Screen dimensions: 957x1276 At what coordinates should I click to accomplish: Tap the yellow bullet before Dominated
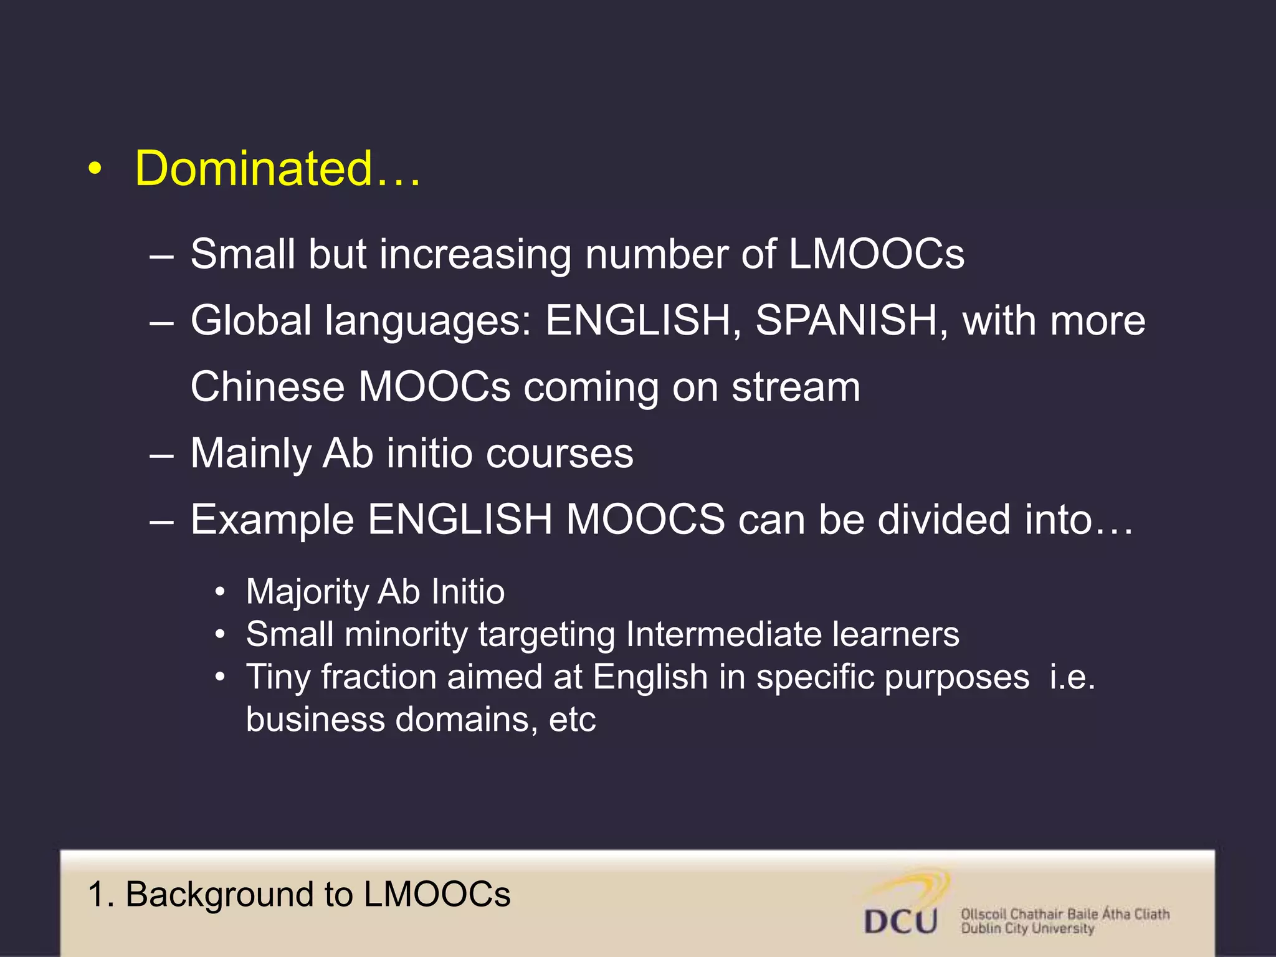(x=94, y=169)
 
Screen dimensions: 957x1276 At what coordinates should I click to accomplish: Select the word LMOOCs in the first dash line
(x=876, y=254)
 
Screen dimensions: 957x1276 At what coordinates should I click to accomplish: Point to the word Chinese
(x=267, y=387)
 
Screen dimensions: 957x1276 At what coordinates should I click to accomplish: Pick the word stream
(x=796, y=387)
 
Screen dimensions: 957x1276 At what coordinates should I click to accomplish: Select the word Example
(x=272, y=520)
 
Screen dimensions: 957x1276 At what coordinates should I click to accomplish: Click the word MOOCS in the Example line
(x=645, y=520)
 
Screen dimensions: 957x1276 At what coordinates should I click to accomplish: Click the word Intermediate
(x=723, y=634)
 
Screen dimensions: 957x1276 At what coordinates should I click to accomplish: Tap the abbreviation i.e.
(x=1072, y=677)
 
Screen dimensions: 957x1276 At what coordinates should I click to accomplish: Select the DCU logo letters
(x=900, y=921)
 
